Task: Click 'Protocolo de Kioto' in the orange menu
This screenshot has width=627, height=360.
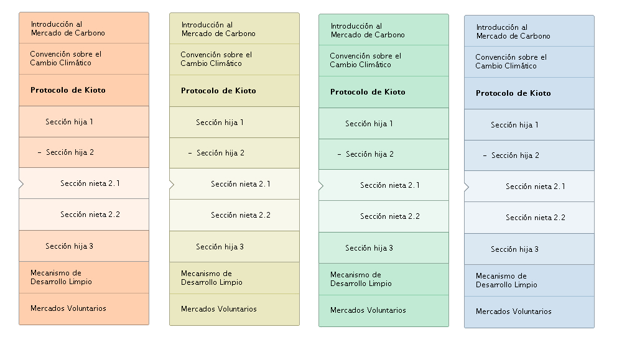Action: click(x=68, y=90)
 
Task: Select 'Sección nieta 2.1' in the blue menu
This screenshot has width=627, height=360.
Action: click(x=536, y=187)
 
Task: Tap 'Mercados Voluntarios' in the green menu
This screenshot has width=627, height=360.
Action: click(x=368, y=310)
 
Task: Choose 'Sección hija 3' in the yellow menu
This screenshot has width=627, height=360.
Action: click(x=220, y=247)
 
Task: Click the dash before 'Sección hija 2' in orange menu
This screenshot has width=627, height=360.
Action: click(x=39, y=152)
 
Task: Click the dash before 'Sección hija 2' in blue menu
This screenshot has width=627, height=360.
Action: click(x=485, y=156)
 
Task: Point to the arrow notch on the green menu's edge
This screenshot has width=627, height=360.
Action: click(x=321, y=186)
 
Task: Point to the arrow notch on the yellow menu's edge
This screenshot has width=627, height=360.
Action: click(x=172, y=185)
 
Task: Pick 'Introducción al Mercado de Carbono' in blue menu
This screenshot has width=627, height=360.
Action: click(x=513, y=32)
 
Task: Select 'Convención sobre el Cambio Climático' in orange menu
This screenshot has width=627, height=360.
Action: click(x=65, y=58)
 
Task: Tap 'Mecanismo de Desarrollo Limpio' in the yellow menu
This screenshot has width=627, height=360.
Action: click(x=211, y=278)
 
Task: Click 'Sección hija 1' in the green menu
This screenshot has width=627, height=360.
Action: click(x=369, y=124)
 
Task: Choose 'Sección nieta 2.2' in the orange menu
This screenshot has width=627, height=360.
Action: click(x=90, y=215)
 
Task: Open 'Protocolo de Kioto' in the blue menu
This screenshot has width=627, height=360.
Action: click(x=513, y=93)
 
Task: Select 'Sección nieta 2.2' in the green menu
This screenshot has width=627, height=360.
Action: click(x=390, y=216)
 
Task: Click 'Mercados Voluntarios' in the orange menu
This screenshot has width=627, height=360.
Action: click(x=68, y=308)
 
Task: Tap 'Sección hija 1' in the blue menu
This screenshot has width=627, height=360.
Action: click(x=514, y=125)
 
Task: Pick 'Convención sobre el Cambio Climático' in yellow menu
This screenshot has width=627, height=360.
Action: click(x=216, y=58)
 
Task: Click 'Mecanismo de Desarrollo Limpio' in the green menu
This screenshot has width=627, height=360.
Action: click(x=361, y=279)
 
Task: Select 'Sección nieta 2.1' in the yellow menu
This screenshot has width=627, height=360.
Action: click(x=241, y=184)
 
